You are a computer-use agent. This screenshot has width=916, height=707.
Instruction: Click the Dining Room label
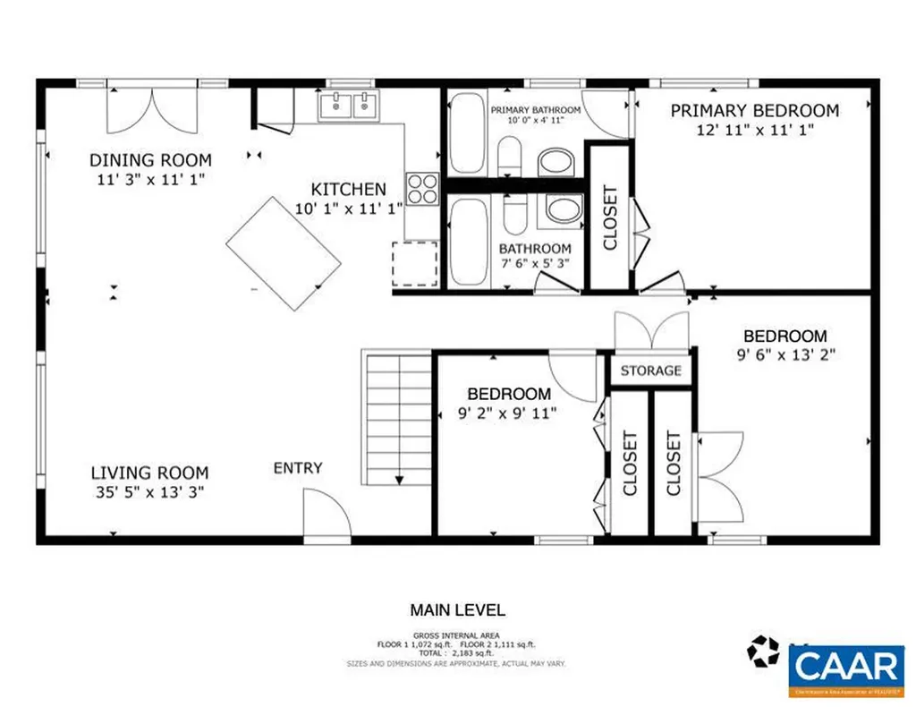coord(150,160)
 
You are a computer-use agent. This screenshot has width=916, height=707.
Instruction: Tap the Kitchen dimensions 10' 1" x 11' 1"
coord(349,208)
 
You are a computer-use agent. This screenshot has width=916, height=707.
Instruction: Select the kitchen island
coord(284,253)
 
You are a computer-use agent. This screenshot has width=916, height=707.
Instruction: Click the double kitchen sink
coord(349,106)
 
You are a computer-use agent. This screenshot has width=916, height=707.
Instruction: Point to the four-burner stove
coord(422,189)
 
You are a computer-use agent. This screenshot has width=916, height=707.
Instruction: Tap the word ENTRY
coord(298,468)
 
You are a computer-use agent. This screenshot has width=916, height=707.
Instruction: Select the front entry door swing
coord(325,515)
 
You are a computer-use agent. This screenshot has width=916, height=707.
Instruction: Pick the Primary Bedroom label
coord(755,111)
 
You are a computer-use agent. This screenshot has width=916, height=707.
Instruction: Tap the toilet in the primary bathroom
coord(509,158)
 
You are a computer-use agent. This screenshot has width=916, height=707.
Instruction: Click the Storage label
coord(651,371)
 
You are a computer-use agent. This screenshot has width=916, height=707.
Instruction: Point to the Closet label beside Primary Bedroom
coord(610,217)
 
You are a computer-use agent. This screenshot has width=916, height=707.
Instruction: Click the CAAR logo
coord(845,669)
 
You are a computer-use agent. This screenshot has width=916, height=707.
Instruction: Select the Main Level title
coord(457,610)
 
